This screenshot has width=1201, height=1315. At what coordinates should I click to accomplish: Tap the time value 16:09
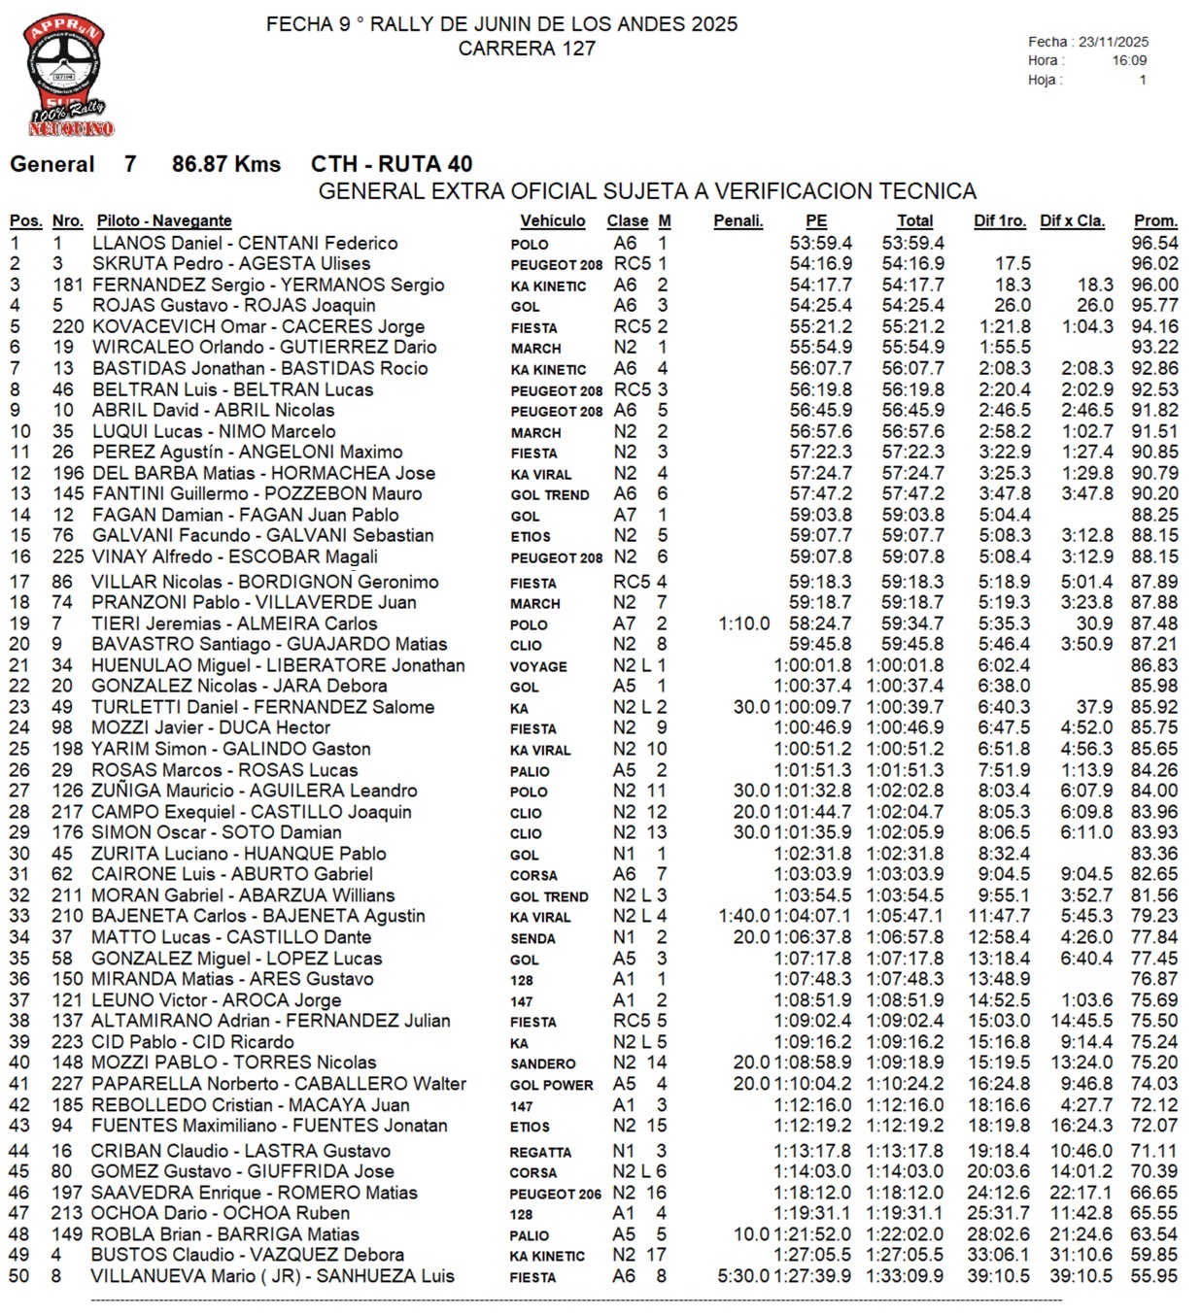tap(1129, 60)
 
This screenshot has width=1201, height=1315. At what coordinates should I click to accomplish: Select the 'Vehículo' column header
tap(552, 220)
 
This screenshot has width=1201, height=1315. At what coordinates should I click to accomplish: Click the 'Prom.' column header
tap(1155, 220)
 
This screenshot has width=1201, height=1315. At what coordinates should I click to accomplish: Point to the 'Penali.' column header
tap(738, 220)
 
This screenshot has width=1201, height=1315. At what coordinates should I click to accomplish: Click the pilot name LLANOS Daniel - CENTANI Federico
tap(245, 243)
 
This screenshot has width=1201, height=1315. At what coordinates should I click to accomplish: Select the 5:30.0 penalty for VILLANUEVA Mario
tap(743, 1276)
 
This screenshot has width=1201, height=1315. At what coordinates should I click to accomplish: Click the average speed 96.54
tap(1154, 243)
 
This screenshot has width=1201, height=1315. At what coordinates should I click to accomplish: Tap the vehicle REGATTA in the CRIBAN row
tap(540, 1152)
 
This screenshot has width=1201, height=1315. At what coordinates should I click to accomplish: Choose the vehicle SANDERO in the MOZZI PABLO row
tap(542, 1063)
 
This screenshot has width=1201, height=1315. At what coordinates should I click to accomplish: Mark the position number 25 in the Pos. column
tap(19, 749)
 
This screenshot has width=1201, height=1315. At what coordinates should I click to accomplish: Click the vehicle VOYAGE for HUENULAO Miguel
tap(537, 666)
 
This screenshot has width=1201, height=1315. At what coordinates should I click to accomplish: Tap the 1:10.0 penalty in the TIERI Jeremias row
tap(744, 624)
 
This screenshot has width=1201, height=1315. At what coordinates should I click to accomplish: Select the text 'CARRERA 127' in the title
tap(527, 48)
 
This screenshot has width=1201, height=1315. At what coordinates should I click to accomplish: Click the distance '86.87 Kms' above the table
tap(226, 164)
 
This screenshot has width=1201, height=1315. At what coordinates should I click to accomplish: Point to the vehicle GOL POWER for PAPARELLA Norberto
tap(551, 1085)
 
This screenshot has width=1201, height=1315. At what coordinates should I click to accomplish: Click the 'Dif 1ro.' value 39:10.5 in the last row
tap(998, 1276)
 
